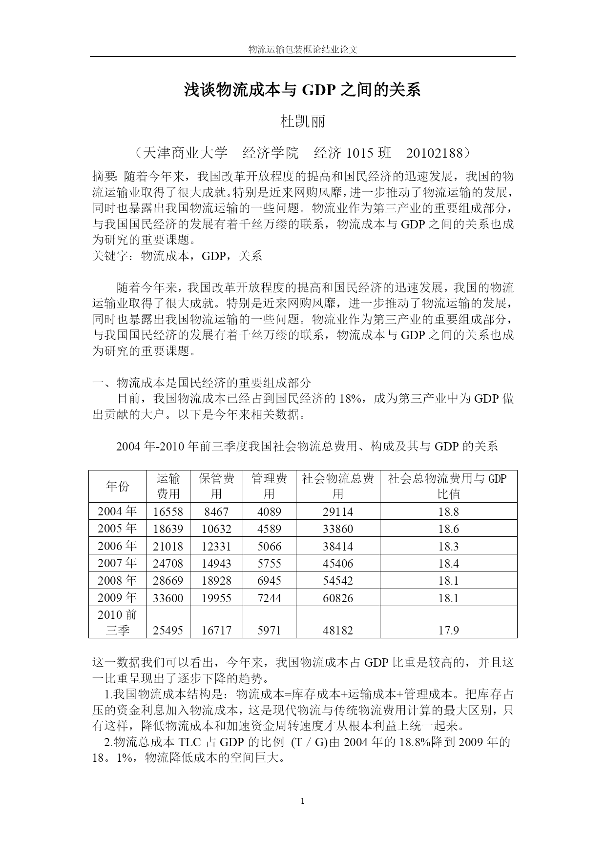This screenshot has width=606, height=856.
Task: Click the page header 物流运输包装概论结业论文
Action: pyautogui.click(x=303, y=49)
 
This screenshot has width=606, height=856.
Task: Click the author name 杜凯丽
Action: pyautogui.click(x=303, y=121)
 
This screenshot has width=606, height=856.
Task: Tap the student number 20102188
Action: pyautogui.click(x=434, y=153)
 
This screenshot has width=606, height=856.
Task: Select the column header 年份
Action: pyautogui.click(x=118, y=486)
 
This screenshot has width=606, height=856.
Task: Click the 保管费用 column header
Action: pyautogui.click(x=216, y=486)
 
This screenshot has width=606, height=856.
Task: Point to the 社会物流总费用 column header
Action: pyautogui.click(x=338, y=486)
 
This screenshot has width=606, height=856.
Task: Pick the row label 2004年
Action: pyautogui.click(x=118, y=511)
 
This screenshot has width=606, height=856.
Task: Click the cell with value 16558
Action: pyautogui.click(x=168, y=512)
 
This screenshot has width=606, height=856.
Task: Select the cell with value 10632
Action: pyautogui.click(x=216, y=529)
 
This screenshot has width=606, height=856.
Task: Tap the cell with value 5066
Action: pyautogui.click(x=269, y=547)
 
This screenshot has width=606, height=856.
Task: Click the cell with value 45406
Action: pyautogui.click(x=338, y=564)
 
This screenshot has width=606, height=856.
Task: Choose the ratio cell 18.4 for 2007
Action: pyautogui.click(x=448, y=564)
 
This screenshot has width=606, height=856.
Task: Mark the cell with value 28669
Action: pyautogui.click(x=168, y=581)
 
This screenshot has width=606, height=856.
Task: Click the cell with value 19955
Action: pyautogui.click(x=216, y=598)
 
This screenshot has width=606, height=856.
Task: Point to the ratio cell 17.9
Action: pyautogui.click(x=448, y=631)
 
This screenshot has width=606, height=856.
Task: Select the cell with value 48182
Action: pyautogui.click(x=338, y=631)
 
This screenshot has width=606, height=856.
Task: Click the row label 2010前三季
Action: pyautogui.click(x=118, y=622)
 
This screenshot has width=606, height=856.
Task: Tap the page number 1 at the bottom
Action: pyautogui.click(x=303, y=801)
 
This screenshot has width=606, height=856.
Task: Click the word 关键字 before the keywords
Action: pyautogui.click(x=110, y=256)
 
